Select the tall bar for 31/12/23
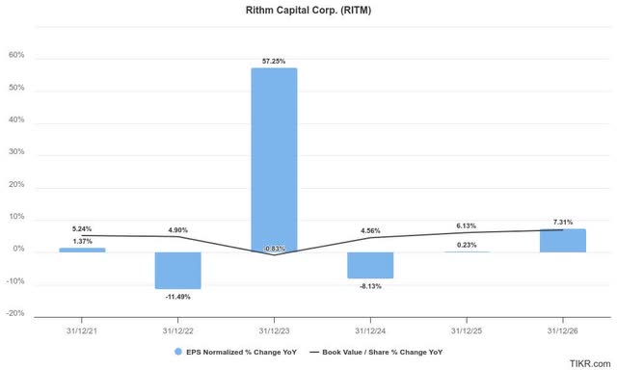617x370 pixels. pos(275,159)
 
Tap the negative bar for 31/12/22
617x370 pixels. pos(178,270)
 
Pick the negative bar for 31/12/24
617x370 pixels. pos(371,265)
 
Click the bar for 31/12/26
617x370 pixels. pos(563,240)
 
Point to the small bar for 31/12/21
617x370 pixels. pos(82,250)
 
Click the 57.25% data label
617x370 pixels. pos(275,61)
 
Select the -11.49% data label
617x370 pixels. pos(178,297)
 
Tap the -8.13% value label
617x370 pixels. pos(371,286)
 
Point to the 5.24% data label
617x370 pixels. pos(82,227)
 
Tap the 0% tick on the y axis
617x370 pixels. pos(18,251)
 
